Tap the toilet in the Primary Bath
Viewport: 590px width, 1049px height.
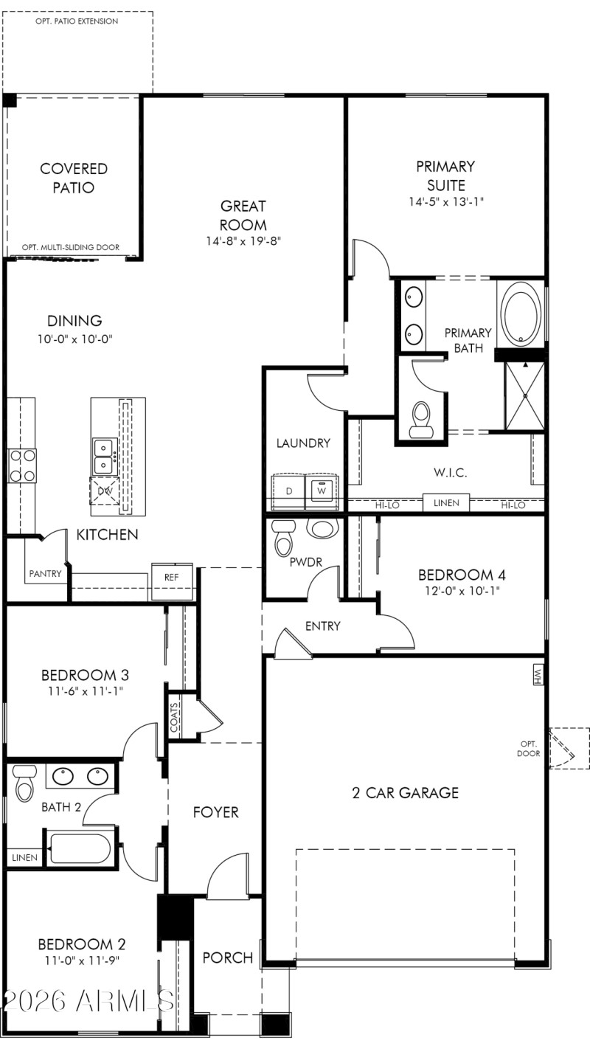[422, 418]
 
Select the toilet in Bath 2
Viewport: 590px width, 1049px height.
[25, 783]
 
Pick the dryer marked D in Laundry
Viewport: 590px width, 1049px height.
[288, 491]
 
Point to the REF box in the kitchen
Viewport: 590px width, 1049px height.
[171, 578]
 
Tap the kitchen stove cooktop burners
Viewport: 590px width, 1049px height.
[21, 466]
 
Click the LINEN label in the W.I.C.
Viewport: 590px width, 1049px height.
[446, 503]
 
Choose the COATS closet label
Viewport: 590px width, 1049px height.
[175, 716]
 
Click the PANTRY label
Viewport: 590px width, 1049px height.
[45, 573]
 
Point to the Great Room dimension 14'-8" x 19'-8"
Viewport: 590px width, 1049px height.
[243, 240]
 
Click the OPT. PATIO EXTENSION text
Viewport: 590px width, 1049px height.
[77, 21]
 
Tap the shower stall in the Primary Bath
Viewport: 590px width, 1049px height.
[524, 395]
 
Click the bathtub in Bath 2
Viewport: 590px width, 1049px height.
[80, 848]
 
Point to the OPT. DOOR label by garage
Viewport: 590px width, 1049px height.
[529, 748]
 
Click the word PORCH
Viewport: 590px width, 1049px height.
[228, 958]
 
